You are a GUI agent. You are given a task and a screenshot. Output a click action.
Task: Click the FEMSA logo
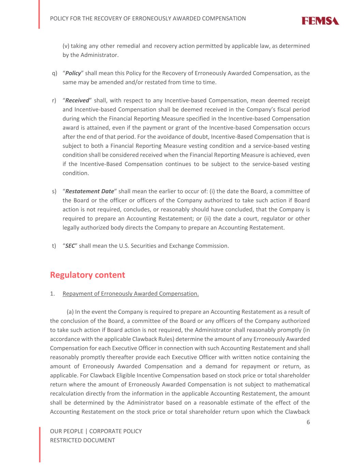coord(320,21)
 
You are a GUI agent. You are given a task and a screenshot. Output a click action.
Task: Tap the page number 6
coord(308,422)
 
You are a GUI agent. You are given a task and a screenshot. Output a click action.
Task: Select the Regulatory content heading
coord(87,275)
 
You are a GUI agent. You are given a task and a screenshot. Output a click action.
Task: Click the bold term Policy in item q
coord(73,73)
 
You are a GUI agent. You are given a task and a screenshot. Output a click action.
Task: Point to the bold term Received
coord(77,100)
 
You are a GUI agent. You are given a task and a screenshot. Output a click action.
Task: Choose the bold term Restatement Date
coord(89,191)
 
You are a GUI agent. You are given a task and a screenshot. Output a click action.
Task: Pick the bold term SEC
coord(70,246)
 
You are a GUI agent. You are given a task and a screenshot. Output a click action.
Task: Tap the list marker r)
coord(54,100)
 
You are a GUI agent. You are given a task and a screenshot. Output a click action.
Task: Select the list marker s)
coord(54,191)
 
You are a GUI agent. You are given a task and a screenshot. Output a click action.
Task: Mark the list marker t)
coord(54,246)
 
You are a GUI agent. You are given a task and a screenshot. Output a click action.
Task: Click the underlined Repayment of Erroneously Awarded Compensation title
coord(131,294)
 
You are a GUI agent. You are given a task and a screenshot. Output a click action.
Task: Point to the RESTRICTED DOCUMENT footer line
coord(83,440)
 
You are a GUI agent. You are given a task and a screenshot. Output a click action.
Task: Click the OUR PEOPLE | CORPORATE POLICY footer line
coord(96,431)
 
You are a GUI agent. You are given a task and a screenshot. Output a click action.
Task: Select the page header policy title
coord(148,18)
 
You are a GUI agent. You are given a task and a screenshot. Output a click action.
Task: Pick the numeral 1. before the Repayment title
coord(53,294)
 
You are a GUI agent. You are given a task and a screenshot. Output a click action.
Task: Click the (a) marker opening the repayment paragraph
coord(70,312)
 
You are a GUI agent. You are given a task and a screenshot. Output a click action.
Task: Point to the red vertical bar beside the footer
coord(40,444)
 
